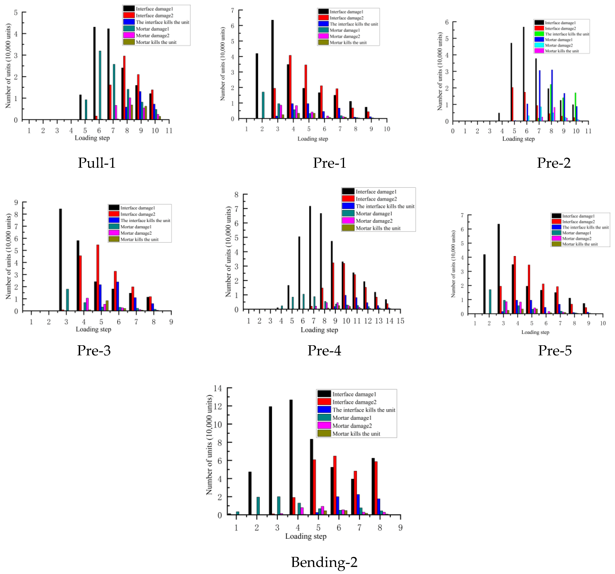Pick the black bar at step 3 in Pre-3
pos(60,260)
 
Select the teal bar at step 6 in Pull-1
pos(100,85)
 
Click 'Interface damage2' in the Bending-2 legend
pos(354,402)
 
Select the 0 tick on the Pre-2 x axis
pos(453,131)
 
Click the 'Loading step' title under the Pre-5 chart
pos(535,332)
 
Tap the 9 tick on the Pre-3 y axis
pos(16,202)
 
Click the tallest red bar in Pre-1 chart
pos(290,87)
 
